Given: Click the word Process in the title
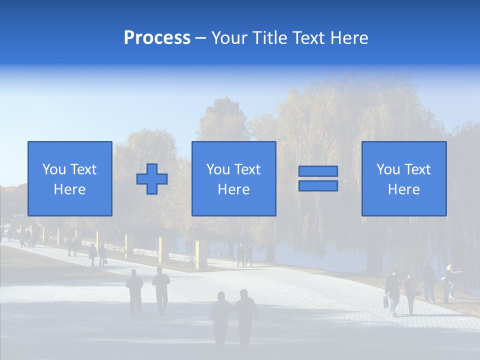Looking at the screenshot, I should click(157, 38).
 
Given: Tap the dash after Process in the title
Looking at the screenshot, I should click(201, 38).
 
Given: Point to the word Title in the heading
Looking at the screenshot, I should click(269, 38).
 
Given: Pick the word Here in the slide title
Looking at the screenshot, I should click(350, 38).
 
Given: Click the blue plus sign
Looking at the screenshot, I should click(152, 179).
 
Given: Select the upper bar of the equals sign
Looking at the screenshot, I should click(318, 171).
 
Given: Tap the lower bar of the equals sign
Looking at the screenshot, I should click(318, 186).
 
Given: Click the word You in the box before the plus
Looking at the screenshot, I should click(54, 169).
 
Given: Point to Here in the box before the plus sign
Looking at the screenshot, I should click(69, 189).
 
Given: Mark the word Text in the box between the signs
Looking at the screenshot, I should click(248, 169).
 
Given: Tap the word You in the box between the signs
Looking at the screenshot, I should click(218, 169).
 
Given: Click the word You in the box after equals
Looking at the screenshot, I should click(388, 169).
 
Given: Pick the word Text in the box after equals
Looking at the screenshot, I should click(418, 169).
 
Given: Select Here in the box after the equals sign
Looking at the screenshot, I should click(404, 189).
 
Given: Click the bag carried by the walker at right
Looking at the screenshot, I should click(386, 301).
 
